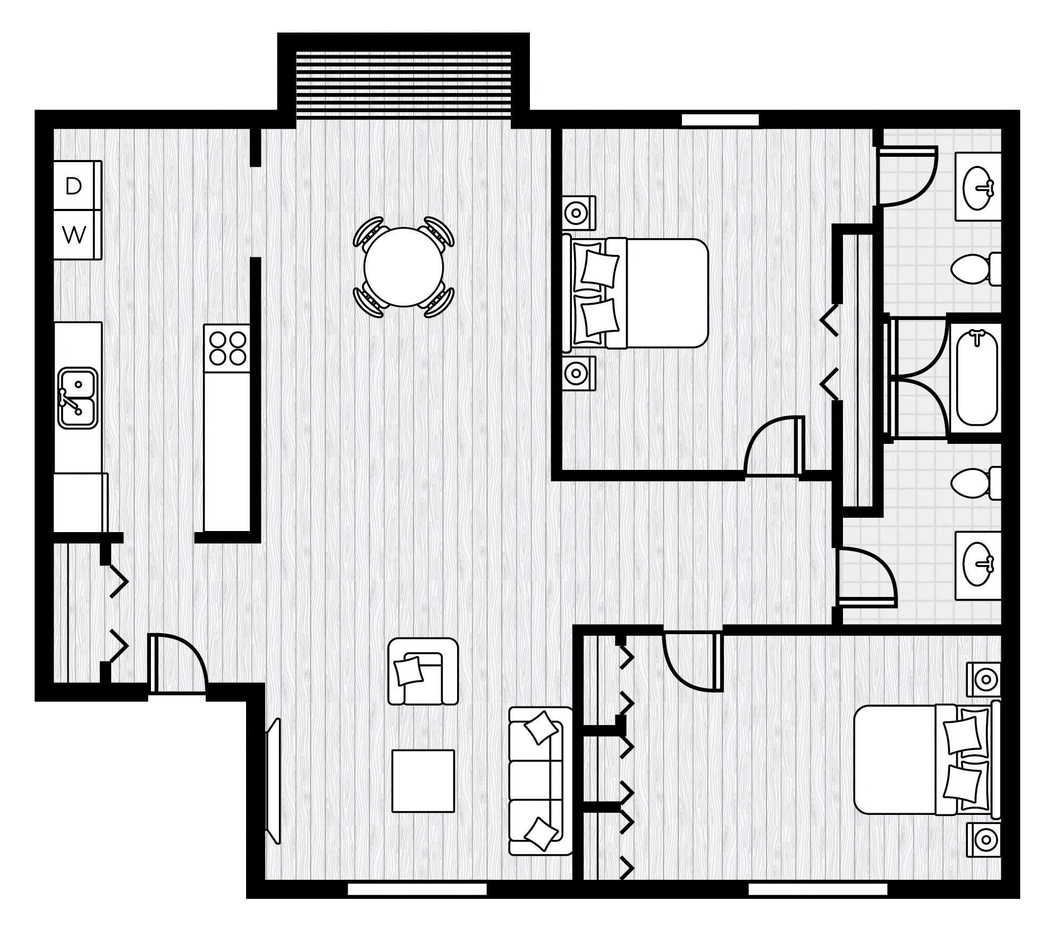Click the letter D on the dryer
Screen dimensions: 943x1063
(x=73, y=186)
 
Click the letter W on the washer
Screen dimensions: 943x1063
(x=74, y=235)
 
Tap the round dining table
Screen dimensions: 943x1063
(x=403, y=267)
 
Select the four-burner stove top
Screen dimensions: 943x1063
(x=228, y=348)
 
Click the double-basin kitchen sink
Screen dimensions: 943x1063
(x=78, y=398)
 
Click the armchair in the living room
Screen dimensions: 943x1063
(x=423, y=671)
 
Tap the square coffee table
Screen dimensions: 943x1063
(x=423, y=781)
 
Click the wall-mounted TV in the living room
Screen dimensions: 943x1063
(x=273, y=781)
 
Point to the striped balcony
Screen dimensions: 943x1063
(x=403, y=85)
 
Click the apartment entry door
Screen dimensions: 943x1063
(x=178, y=664)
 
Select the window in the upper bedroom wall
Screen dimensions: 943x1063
(x=720, y=120)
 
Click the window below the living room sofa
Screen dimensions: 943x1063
(x=417, y=889)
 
